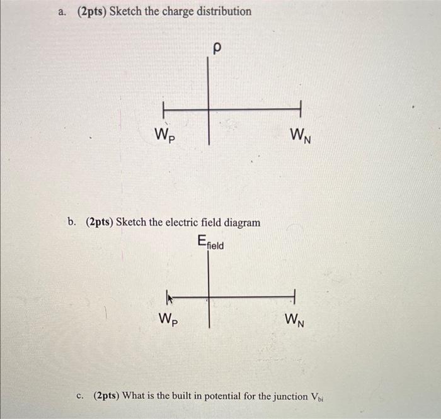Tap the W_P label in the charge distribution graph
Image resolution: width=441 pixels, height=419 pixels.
click(x=165, y=135)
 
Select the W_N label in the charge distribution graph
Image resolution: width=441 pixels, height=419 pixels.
click(x=301, y=136)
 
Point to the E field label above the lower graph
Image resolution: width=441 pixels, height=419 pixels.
click(x=210, y=242)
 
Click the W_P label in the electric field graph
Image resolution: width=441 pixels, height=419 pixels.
click(x=168, y=320)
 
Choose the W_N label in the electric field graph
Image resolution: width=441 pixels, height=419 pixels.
click(x=294, y=320)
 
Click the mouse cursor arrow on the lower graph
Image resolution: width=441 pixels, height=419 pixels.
click(x=170, y=299)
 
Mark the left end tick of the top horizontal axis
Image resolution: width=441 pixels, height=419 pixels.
click(x=163, y=110)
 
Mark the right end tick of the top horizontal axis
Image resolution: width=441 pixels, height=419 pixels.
click(x=301, y=109)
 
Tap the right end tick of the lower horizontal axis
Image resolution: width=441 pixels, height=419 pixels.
click(x=294, y=296)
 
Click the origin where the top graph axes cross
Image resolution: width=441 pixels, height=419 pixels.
click(x=209, y=109)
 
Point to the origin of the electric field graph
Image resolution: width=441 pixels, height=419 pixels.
click(x=209, y=297)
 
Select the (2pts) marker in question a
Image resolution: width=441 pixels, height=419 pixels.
click(x=92, y=12)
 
